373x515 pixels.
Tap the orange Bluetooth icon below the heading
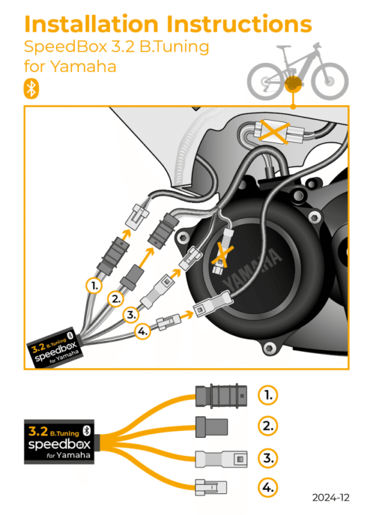pyautogui.click(x=30, y=88)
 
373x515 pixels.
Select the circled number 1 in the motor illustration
pyautogui.click(x=94, y=285)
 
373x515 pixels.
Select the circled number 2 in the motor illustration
pyautogui.click(x=116, y=299)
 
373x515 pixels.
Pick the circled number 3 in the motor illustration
pyautogui.click(x=131, y=315)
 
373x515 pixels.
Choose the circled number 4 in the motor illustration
pyautogui.click(x=142, y=332)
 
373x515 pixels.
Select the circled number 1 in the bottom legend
pyautogui.click(x=268, y=394)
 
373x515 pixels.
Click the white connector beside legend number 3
pyautogui.click(x=221, y=459)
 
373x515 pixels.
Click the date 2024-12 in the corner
pyautogui.click(x=331, y=498)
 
